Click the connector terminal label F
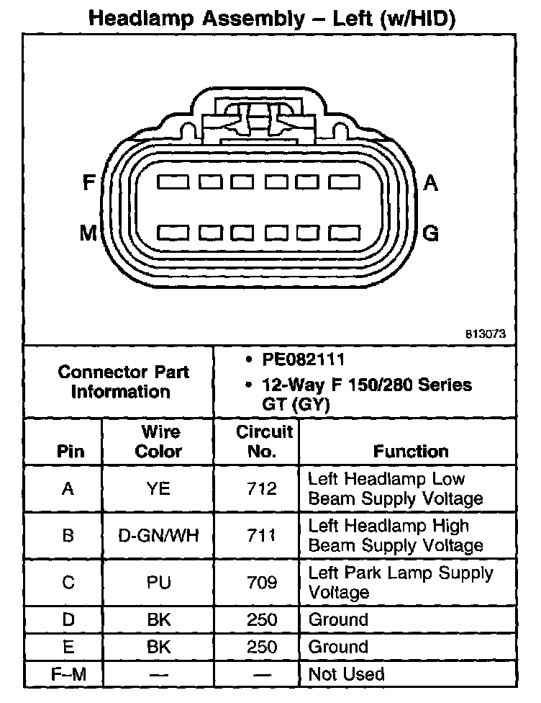tap(89, 183)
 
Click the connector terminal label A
tap(431, 183)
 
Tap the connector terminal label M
tap(88, 233)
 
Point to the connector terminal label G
tap(431, 233)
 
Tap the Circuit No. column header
tap(264, 442)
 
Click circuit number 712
tap(261, 489)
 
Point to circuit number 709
tap(261, 583)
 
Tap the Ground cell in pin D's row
tap(338, 619)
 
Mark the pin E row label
tap(68, 647)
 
